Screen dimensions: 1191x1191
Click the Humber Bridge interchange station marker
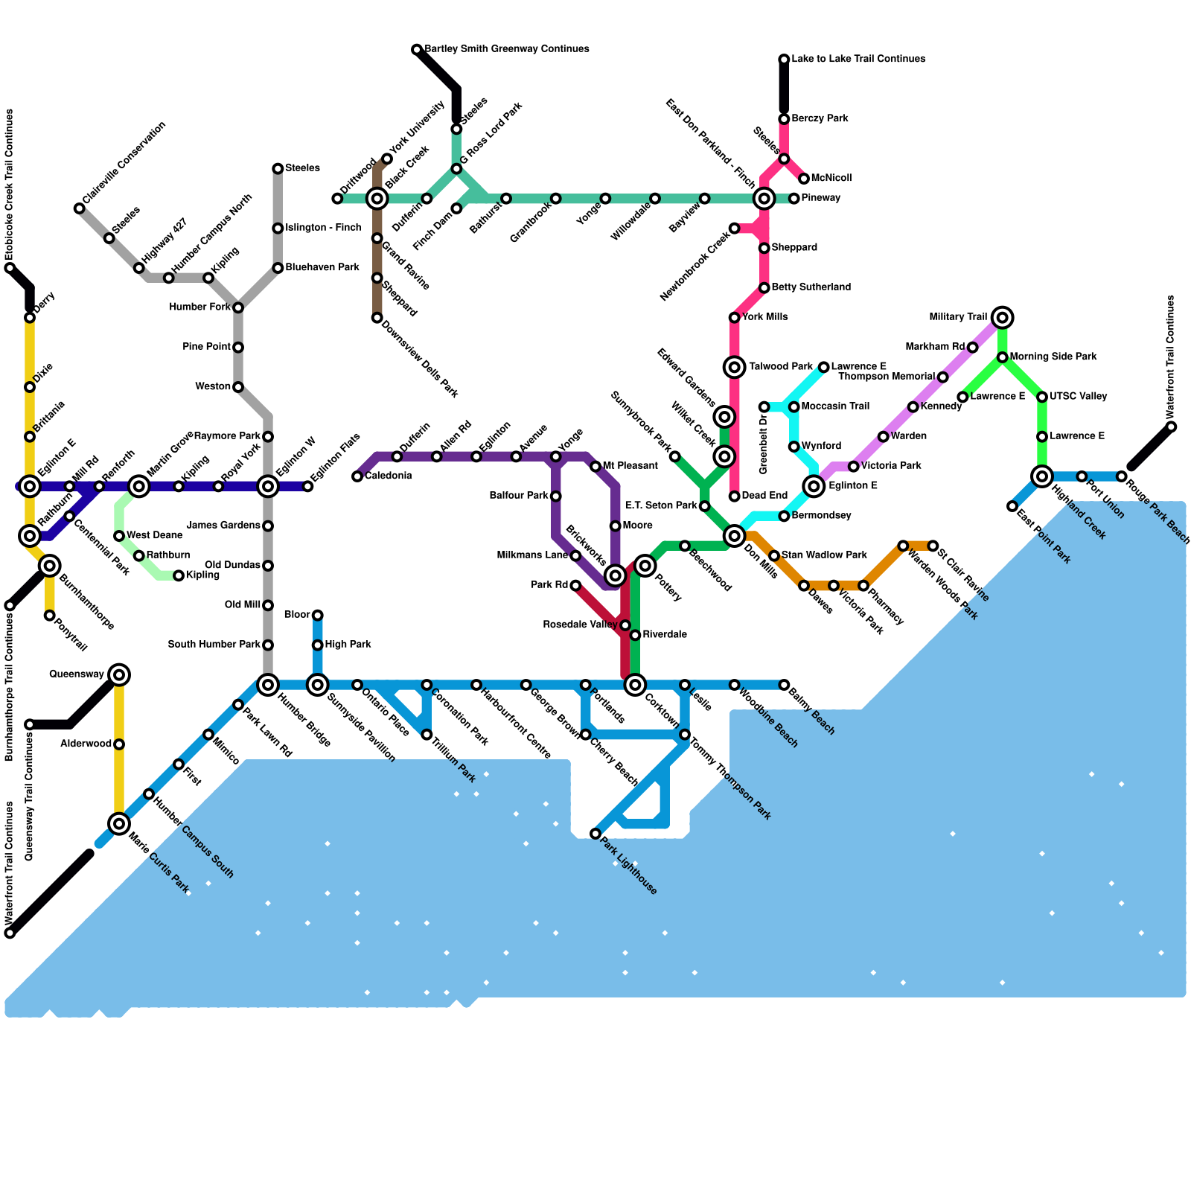tap(268, 684)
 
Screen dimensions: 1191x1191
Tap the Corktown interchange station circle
tap(635, 684)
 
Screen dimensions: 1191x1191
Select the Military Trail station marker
tap(1003, 318)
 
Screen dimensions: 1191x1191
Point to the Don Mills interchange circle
tap(735, 535)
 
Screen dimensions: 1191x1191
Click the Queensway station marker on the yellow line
tap(119, 674)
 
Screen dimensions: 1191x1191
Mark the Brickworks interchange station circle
tap(615, 575)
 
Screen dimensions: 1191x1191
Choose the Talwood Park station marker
tap(735, 366)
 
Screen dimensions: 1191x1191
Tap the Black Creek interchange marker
tap(377, 198)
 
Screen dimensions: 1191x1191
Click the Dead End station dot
tap(735, 496)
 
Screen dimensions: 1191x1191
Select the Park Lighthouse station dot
tap(595, 834)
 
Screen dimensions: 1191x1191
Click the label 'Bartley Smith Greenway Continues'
tap(506, 49)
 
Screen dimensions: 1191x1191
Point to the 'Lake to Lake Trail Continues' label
tap(858, 59)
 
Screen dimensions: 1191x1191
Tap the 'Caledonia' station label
tap(388, 476)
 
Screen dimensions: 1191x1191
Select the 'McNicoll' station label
tap(831, 179)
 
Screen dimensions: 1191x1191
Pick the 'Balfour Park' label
tap(519, 496)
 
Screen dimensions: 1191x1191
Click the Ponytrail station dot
tap(49, 616)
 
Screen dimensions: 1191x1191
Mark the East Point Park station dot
tap(1012, 506)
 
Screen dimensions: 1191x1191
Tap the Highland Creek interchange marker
tap(1042, 476)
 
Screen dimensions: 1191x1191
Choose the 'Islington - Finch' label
tap(322, 228)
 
